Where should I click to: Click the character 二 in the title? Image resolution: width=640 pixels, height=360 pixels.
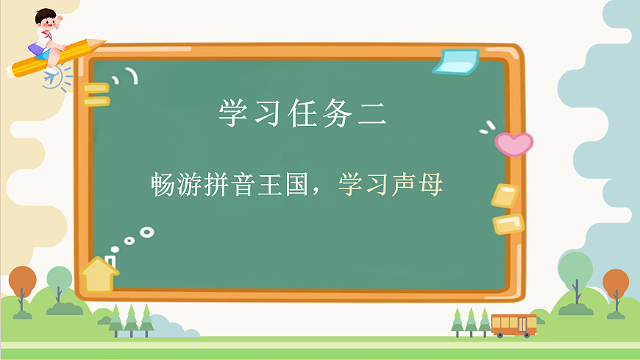[371, 113]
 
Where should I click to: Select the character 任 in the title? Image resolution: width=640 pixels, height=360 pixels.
[302, 113]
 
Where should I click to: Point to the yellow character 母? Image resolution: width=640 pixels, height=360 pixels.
[431, 184]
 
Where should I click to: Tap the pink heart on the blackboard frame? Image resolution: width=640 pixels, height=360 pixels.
[513, 143]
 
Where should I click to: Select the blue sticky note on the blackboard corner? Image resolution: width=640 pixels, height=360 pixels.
[457, 61]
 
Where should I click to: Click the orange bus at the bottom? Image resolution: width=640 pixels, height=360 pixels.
[513, 325]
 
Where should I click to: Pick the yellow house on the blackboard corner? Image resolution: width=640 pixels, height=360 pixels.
[99, 275]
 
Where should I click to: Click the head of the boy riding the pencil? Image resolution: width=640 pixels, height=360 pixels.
[48, 19]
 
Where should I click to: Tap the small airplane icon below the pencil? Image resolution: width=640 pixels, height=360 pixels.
[52, 76]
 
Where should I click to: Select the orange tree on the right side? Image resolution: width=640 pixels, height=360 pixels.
[616, 284]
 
